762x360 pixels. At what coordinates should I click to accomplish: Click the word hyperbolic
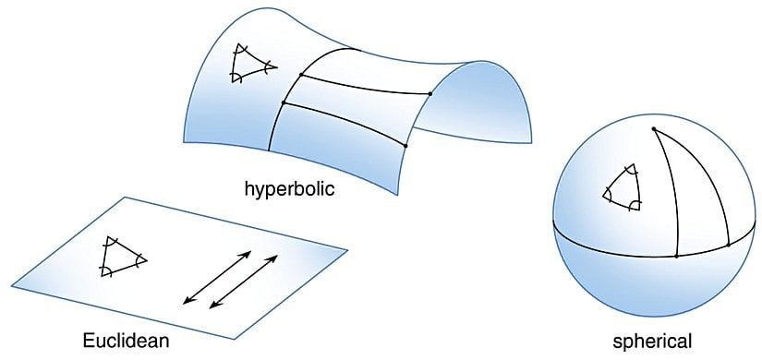288,190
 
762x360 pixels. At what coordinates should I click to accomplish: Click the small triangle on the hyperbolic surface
252,64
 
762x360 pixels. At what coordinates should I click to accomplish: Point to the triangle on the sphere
622,187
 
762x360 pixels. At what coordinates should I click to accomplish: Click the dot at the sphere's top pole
654,128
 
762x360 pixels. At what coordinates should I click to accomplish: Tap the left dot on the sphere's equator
677,255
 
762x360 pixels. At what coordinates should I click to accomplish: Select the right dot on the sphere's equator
729,245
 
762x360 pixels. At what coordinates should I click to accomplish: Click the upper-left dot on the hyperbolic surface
302,74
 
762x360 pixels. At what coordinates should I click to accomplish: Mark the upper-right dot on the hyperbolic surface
430,92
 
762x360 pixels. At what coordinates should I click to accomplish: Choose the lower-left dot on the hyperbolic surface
283,102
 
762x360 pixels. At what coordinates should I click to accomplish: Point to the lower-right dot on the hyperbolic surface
406,146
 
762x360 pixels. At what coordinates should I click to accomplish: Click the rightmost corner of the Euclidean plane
347,248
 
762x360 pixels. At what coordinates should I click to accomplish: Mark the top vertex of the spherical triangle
631,167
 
